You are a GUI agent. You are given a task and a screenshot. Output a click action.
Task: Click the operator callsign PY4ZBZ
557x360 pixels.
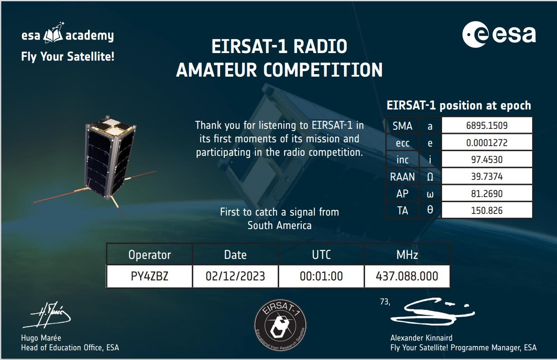[149, 276]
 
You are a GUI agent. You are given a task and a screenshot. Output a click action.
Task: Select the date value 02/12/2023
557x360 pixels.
[235, 276]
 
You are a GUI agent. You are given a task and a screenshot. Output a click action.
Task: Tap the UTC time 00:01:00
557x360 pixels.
[321, 276]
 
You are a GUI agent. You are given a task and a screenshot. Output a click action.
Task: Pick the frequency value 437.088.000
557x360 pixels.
[407, 276]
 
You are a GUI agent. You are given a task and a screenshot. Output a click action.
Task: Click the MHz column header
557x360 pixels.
[407, 255]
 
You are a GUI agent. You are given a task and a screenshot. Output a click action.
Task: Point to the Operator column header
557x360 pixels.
[150, 255]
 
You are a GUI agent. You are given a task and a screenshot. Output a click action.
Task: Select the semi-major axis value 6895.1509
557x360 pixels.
[487, 125]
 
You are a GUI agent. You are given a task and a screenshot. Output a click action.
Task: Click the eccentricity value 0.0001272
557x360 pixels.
[487, 143]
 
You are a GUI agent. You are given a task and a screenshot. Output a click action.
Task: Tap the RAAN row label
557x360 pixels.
[402, 177]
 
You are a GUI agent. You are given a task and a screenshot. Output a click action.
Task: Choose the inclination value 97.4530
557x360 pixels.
[487, 160]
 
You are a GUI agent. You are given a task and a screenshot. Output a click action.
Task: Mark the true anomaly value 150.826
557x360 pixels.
[487, 211]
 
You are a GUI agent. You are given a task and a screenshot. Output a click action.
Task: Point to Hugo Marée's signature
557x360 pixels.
[47, 315]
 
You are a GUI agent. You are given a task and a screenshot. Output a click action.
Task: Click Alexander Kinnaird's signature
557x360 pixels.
[433, 312]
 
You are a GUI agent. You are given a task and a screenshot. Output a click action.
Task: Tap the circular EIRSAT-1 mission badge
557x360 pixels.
[280, 325]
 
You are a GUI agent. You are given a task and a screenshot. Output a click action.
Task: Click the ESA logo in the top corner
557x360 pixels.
[499, 34]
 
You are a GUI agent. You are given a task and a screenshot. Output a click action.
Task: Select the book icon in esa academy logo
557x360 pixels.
[53, 35]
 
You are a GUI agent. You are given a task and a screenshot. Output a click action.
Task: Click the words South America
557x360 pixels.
[280, 226]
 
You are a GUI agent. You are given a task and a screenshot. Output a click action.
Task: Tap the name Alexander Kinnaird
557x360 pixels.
[421, 338]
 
